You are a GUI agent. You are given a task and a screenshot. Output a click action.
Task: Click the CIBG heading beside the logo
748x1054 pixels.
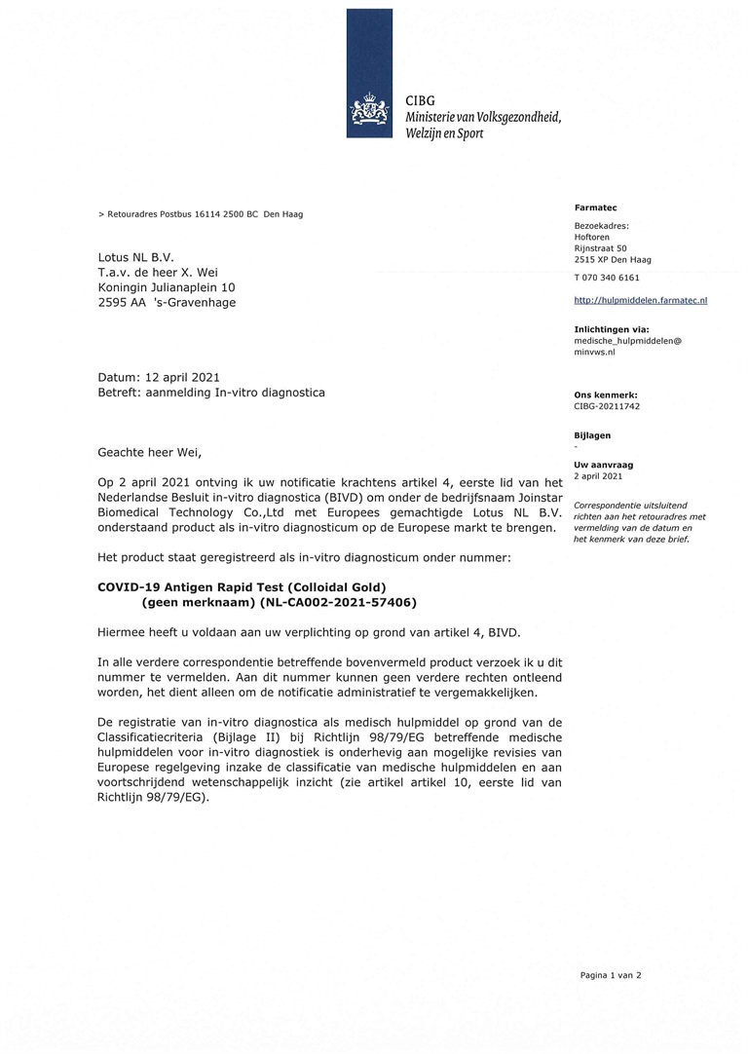click(x=421, y=100)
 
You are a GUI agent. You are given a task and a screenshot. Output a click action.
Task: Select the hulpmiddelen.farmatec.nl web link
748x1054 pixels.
click(x=640, y=300)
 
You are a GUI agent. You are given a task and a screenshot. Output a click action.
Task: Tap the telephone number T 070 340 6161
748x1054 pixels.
click(x=607, y=278)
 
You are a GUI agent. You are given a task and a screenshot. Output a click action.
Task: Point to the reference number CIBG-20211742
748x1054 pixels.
click(x=607, y=406)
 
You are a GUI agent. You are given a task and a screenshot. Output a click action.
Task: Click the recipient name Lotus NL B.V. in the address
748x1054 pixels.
click(x=135, y=257)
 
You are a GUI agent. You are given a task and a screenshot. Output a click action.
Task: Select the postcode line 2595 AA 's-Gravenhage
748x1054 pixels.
click(x=167, y=302)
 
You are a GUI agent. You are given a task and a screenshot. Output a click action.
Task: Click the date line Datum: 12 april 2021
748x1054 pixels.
click(x=159, y=377)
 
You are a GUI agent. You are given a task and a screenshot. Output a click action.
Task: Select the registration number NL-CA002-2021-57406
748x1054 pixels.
click(x=332, y=603)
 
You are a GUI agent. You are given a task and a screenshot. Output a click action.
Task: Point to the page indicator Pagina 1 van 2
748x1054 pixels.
click(x=611, y=974)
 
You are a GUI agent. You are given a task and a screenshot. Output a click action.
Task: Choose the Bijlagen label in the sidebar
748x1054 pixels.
click(x=592, y=435)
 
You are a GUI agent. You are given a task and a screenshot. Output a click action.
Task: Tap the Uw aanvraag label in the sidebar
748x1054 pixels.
click(x=598, y=466)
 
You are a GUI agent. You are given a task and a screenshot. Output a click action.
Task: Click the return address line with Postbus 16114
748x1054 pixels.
click(x=201, y=214)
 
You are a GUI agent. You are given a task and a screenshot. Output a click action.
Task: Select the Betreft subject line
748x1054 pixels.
click(x=211, y=393)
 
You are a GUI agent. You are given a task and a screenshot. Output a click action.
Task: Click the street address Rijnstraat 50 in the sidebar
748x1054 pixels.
click(x=600, y=248)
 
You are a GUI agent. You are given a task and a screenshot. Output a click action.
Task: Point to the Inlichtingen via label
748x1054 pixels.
click(x=611, y=329)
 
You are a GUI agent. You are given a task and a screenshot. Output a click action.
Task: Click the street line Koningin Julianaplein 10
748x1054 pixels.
click(x=167, y=287)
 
